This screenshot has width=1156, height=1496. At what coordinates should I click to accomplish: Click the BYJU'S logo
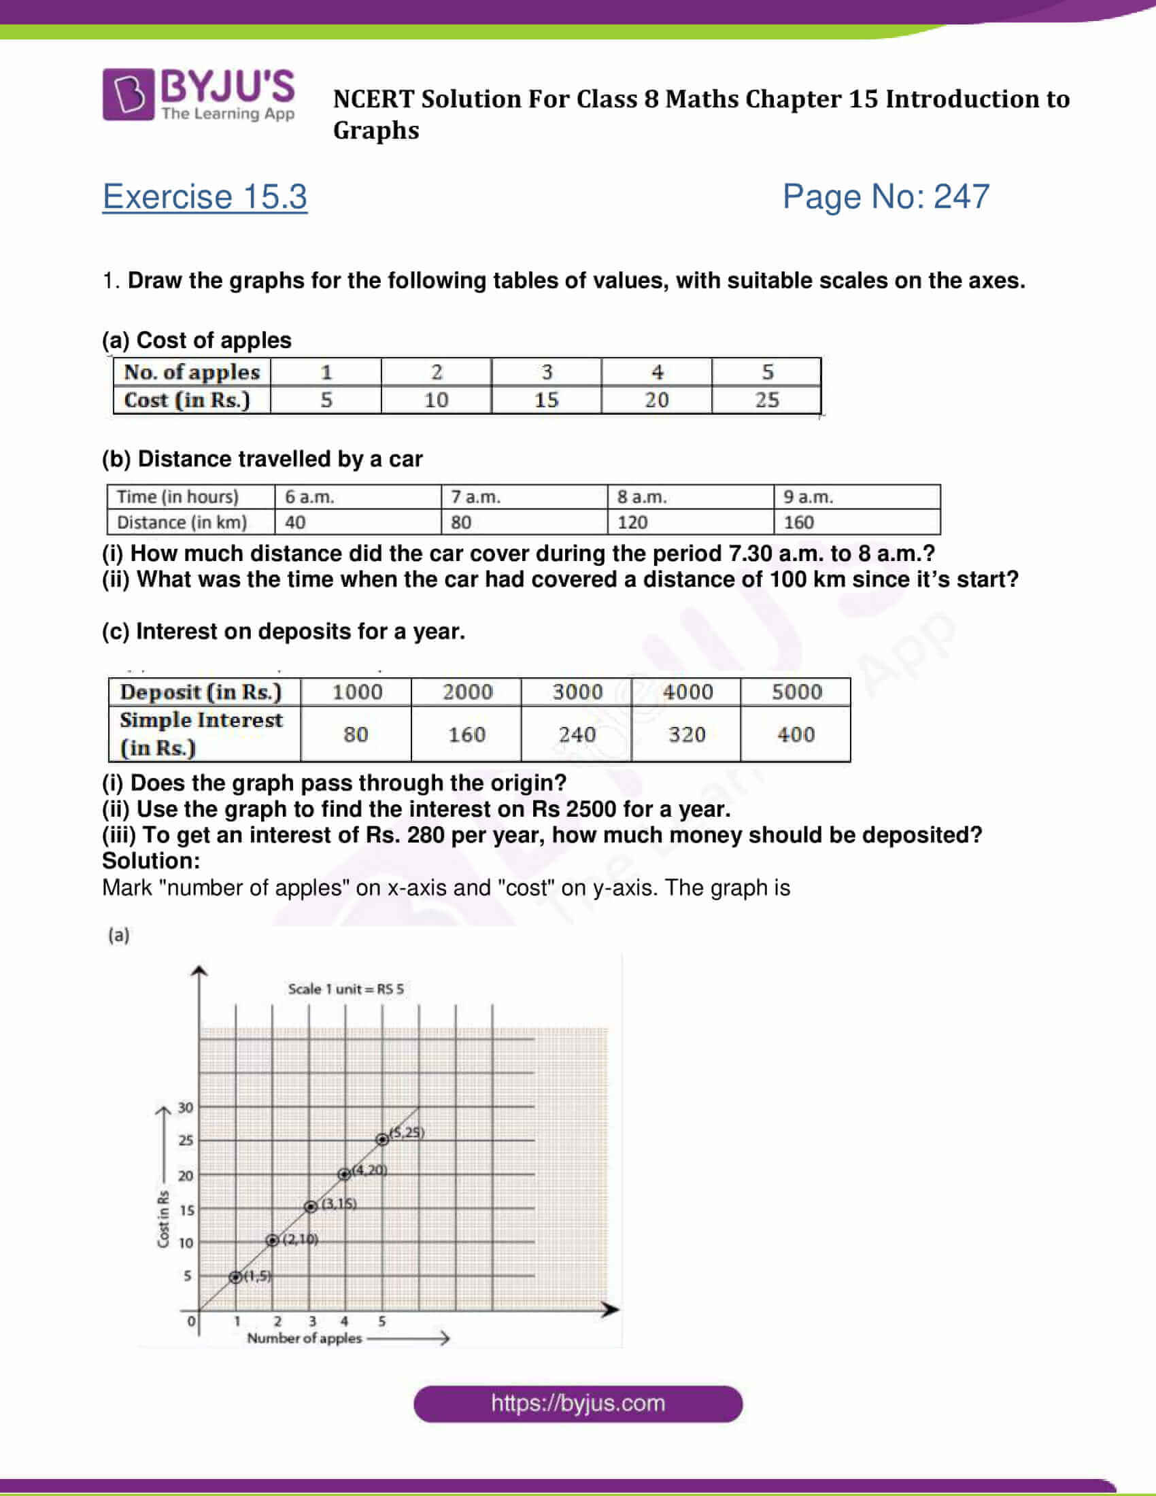[199, 95]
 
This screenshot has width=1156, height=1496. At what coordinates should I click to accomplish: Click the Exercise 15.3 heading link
[205, 197]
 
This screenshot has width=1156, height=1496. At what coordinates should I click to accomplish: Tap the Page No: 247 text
[885, 197]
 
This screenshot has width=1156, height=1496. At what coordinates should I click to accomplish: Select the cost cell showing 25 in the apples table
[766, 400]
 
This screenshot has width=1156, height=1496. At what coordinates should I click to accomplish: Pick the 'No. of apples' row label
[192, 372]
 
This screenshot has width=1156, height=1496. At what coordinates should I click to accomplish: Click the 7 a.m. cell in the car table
[476, 496]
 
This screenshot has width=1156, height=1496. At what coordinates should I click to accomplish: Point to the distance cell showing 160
[798, 523]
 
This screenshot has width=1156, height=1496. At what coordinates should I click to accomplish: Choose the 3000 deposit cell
[577, 692]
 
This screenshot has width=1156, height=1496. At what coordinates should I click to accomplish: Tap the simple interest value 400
[796, 734]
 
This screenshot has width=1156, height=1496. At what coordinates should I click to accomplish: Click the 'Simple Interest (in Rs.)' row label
[201, 734]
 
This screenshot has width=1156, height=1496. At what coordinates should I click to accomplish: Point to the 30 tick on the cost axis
[186, 1108]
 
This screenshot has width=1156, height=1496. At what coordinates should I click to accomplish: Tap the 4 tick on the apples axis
[345, 1321]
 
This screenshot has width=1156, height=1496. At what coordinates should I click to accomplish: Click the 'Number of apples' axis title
[304, 1338]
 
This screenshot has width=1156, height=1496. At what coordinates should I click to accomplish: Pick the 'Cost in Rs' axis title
[163, 1219]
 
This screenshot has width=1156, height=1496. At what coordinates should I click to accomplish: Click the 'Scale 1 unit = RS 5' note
[346, 989]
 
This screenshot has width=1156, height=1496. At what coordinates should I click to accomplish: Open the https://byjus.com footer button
[577, 1403]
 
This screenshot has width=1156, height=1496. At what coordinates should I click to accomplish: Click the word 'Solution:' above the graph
[151, 861]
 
